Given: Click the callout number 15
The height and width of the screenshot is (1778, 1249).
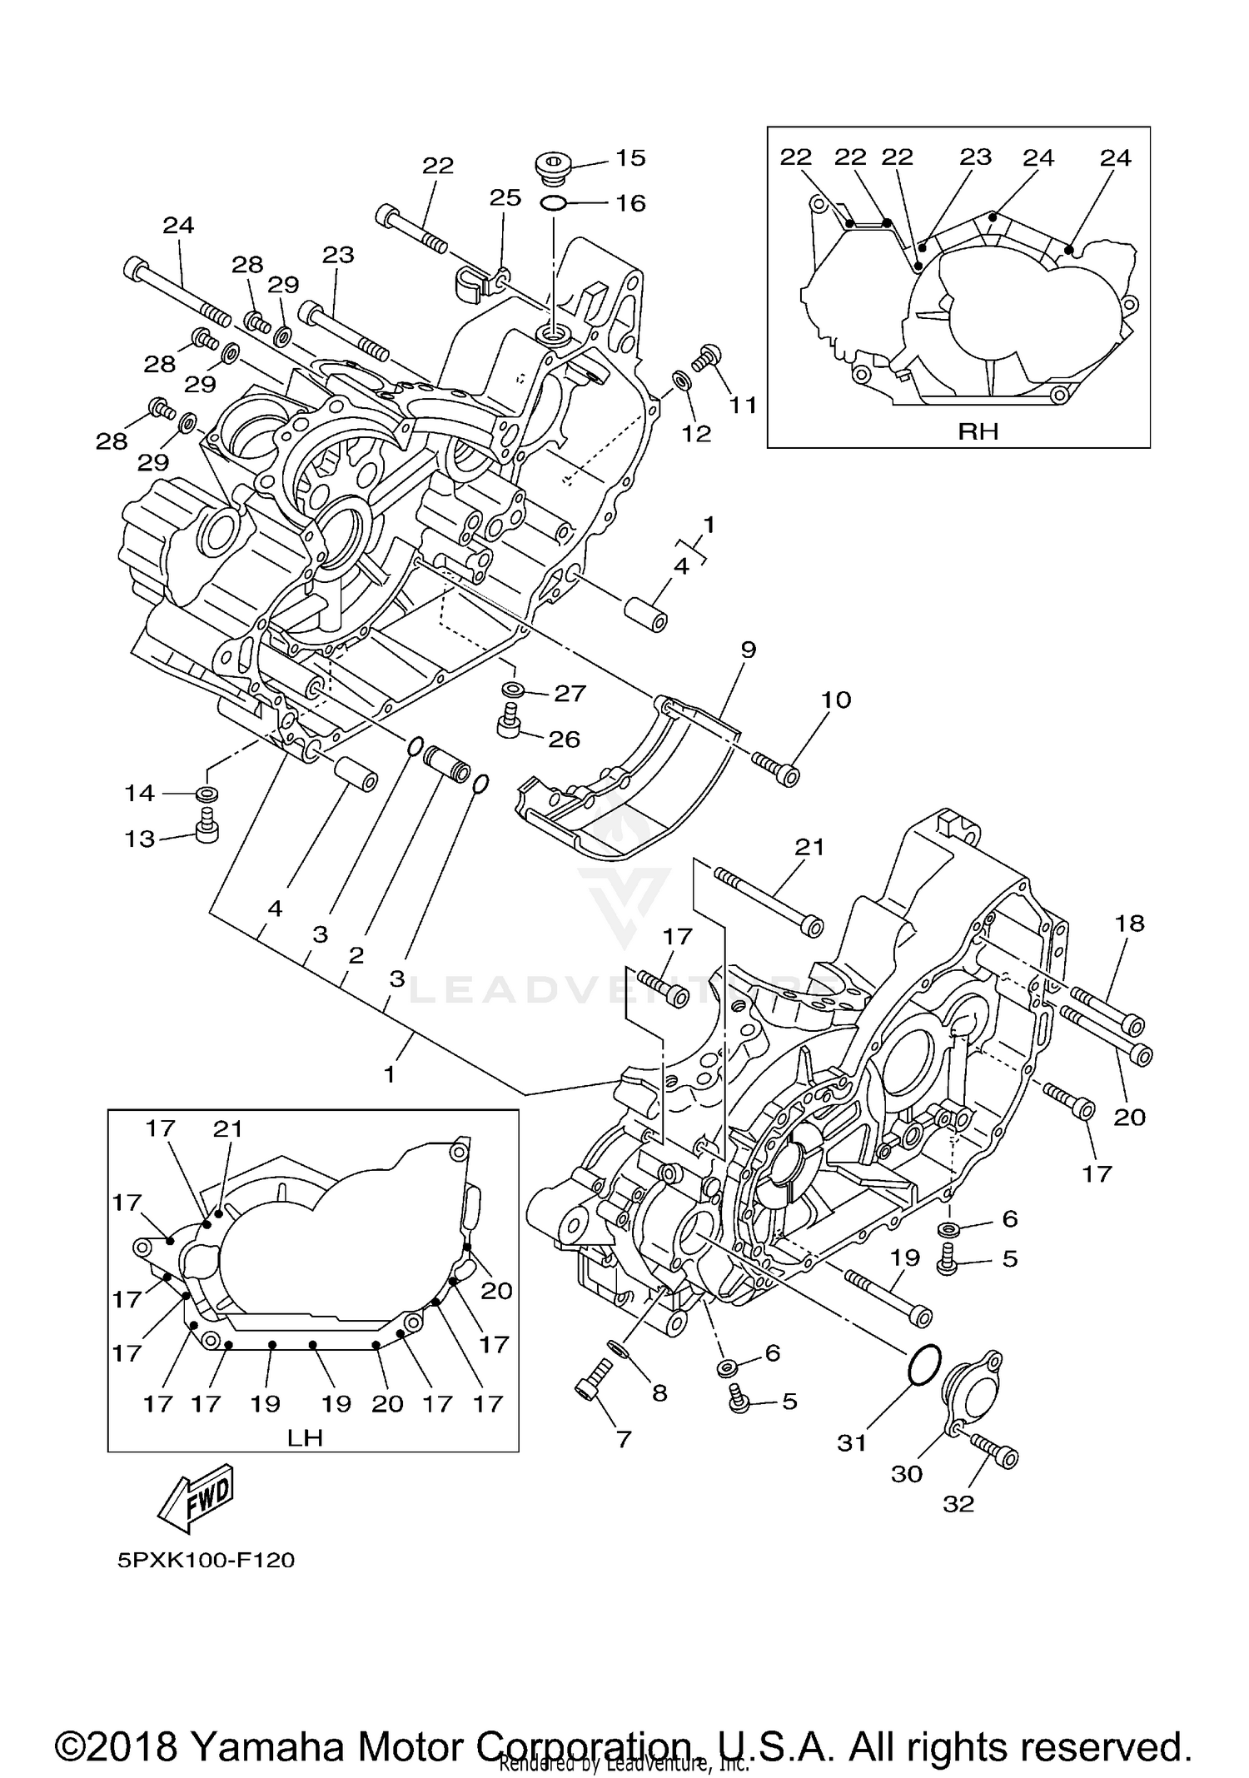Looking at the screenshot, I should coord(630,158).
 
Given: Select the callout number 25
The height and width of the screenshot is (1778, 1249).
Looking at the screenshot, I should coord(505,198).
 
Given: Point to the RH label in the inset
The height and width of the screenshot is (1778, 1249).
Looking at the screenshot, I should coord(978,431).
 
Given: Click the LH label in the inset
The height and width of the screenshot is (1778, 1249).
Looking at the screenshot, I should coord(305,1437).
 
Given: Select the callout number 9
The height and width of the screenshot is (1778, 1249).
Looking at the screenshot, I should coord(748,650).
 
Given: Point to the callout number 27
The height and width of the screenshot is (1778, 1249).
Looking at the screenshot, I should coord(570,693).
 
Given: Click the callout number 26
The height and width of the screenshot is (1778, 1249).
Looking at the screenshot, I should coord(564,739).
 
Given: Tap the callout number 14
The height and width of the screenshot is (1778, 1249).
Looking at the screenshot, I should coord(140,793).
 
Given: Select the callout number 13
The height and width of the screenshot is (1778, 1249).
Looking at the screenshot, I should coord(140,838).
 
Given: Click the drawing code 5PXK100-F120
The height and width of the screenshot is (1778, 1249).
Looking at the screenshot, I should coord(206,1560).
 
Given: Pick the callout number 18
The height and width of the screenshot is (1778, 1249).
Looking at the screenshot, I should coord(1130,923).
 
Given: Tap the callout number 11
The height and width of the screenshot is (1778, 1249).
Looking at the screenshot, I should coord(743,405).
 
